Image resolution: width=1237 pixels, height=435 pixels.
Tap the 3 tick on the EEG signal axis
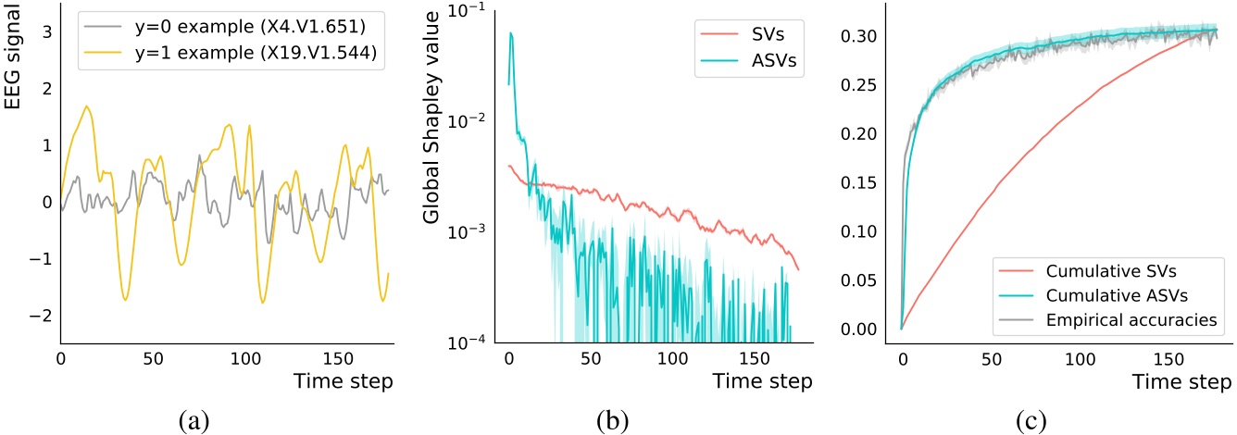(x=42, y=31)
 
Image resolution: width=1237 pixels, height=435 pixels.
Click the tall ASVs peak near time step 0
(x=511, y=34)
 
